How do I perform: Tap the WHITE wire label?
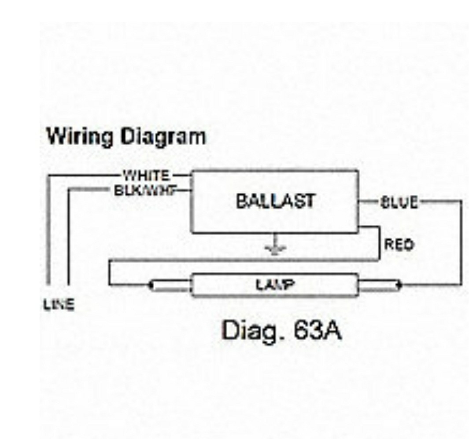pyautogui.click(x=146, y=176)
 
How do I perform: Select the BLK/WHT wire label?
pyautogui.click(x=145, y=190)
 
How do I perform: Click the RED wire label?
pyautogui.click(x=399, y=244)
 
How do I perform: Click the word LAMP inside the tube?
pyautogui.click(x=275, y=285)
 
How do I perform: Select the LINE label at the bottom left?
pyautogui.click(x=59, y=304)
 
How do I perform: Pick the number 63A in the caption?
pyautogui.click(x=317, y=331)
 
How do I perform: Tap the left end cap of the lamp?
pyautogui.click(x=170, y=285)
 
